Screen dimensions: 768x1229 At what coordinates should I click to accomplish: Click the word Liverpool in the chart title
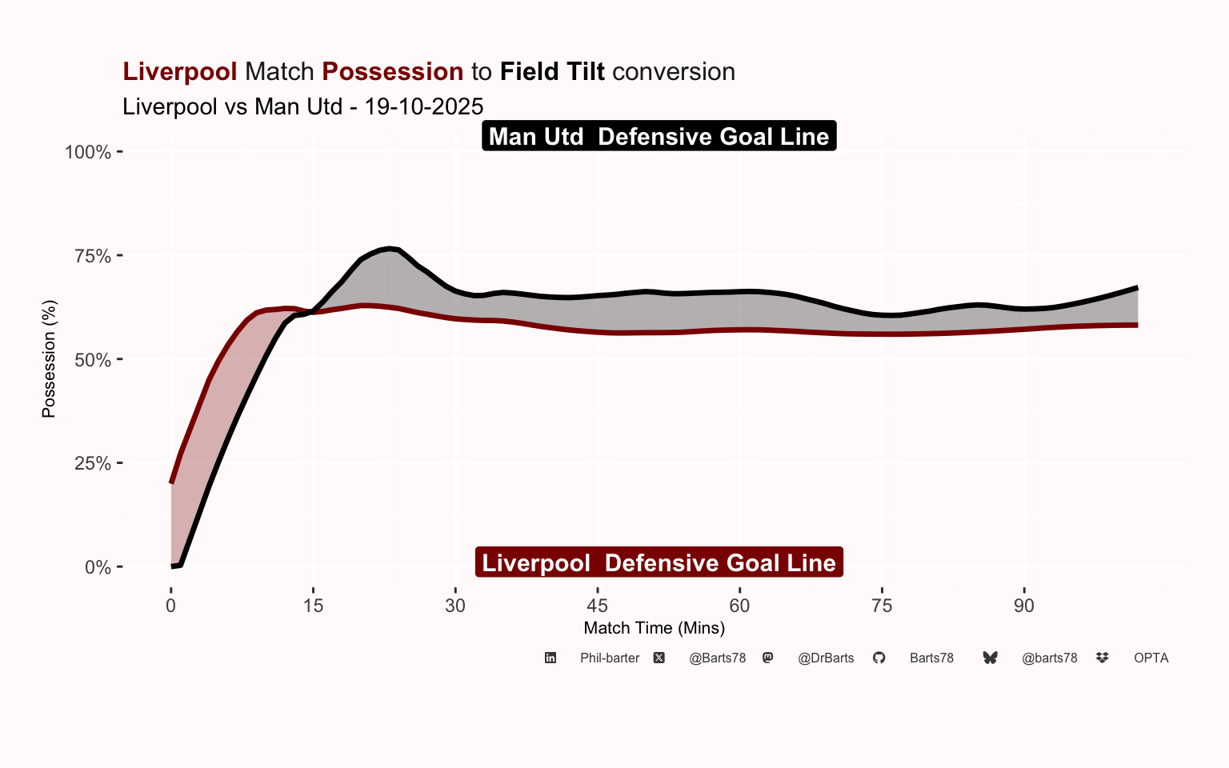click(x=179, y=72)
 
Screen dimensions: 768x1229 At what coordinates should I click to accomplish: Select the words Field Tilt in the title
click(x=552, y=72)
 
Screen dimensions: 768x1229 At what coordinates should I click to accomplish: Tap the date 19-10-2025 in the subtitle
click(x=424, y=106)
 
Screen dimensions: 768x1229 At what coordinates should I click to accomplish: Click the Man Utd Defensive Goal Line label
click(x=659, y=136)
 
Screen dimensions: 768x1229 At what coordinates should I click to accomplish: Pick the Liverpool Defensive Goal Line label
click(x=659, y=562)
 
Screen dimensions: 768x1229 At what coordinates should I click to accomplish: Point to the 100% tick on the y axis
click(x=88, y=152)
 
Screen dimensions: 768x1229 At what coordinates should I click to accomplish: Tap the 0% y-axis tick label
click(x=98, y=567)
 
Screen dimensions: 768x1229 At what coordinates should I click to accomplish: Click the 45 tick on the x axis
click(x=597, y=606)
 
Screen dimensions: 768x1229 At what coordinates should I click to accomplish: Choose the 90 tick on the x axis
click(x=1023, y=606)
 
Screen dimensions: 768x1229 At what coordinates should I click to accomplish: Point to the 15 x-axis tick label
click(x=313, y=606)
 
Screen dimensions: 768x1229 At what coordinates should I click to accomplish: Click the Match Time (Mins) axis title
click(x=655, y=628)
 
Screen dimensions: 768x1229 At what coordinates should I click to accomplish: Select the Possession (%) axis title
click(x=49, y=358)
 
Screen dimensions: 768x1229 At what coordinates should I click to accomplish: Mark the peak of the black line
click(x=389, y=249)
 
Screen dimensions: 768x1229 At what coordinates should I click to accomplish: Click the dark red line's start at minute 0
click(x=171, y=482)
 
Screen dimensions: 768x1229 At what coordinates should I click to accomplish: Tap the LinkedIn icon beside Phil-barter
click(x=550, y=658)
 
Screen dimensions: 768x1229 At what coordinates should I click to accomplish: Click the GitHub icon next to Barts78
click(x=879, y=658)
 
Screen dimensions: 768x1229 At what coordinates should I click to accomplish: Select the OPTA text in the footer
click(x=1151, y=658)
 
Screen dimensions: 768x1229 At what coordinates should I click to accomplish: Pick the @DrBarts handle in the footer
click(x=826, y=658)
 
